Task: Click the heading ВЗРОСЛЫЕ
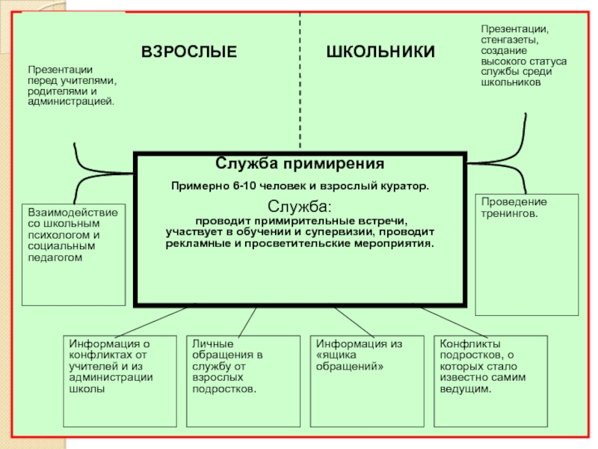click(189, 52)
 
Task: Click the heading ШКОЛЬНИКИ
click(380, 52)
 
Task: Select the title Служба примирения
click(300, 163)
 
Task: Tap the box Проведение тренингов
click(526, 254)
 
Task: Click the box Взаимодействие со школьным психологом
click(73, 254)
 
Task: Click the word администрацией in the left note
click(71, 100)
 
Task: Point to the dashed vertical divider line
click(300, 82)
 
